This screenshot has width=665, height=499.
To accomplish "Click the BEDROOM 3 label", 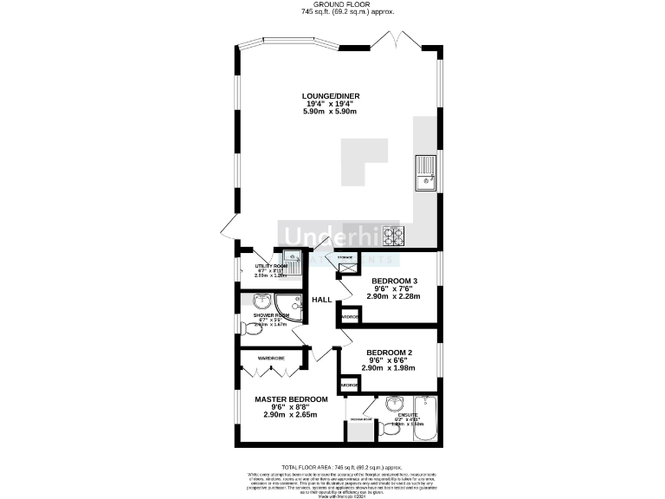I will (395, 282).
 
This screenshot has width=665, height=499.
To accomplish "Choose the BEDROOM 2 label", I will (390, 353).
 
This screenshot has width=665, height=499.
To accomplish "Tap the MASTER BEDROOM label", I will (291, 399).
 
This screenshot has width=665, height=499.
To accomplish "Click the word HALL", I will (322, 300).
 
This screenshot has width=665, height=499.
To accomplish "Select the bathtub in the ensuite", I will (428, 418).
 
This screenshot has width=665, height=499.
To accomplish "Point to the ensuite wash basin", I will (395, 404).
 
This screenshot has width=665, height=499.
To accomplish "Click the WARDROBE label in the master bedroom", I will (271, 356).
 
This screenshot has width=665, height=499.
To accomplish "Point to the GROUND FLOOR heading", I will (332, 4).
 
